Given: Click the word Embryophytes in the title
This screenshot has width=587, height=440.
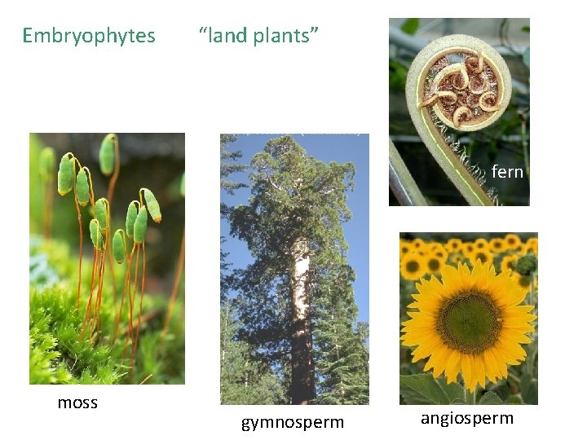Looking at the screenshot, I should [89, 36].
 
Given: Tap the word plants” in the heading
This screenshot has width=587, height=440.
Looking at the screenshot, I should [289, 36].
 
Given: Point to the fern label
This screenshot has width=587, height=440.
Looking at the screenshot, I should [507, 172].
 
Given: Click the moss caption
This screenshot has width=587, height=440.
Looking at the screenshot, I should [77, 403].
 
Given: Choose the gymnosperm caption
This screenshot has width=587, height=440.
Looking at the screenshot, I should [293, 422].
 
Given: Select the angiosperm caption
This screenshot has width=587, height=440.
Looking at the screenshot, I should [467, 418].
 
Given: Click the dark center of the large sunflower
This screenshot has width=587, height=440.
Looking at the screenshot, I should [468, 321].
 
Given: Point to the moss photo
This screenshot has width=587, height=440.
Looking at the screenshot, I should [107, 257].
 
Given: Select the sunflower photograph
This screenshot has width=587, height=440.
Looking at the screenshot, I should [468, 318].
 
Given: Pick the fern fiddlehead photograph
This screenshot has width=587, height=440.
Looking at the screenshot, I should [459, 112].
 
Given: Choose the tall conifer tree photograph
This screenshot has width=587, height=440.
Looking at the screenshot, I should [294, 269].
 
